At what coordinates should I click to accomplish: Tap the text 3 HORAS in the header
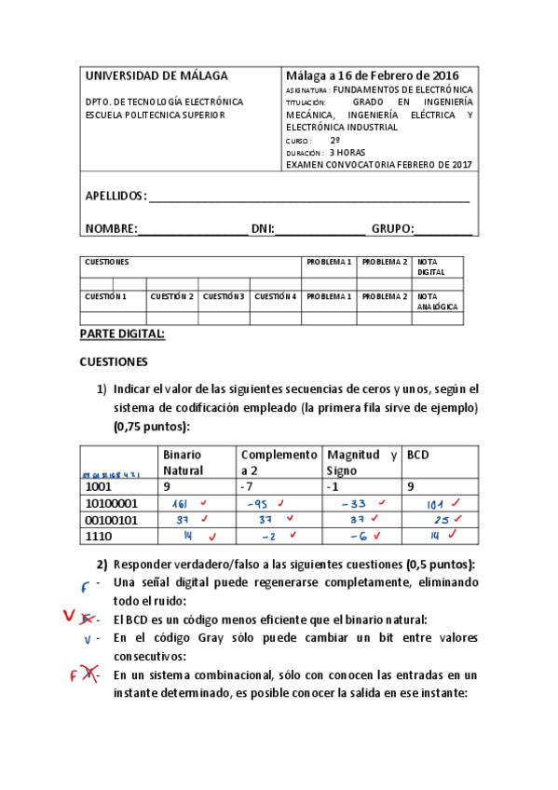tap(347, 153)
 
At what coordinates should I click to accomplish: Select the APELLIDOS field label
tap(116, 196)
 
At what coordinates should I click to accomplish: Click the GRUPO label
tap(391, 228)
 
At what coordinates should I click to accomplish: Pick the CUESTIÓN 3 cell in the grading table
tap(225, 296)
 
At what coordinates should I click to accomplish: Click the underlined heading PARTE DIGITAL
tap(122, 334)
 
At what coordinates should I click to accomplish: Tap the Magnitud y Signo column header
tap(362, 462)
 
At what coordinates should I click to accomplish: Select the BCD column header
tap(419, 455)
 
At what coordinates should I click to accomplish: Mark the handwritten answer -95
tap(258, 504)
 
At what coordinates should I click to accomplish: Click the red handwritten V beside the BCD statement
tap(69, 616)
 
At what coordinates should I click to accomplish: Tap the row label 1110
tap(99, 537)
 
